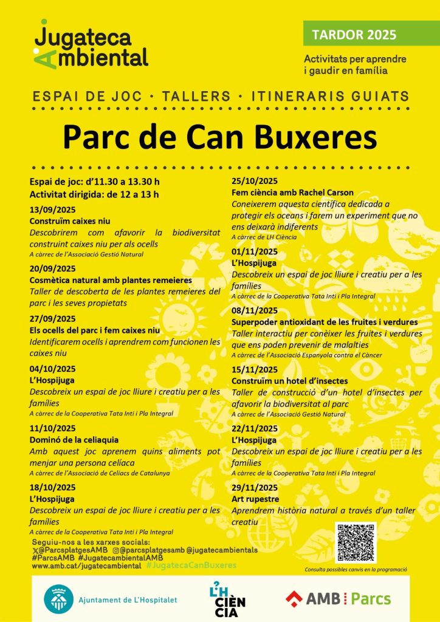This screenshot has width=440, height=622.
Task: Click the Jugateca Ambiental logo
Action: pos(91,46)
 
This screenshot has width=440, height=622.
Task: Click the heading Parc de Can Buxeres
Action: pos(220,137)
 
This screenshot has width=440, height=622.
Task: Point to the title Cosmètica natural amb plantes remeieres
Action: pos(111,280)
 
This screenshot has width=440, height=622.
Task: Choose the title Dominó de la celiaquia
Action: pos(74,439)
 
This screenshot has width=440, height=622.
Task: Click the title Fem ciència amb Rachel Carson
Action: pos(292,193)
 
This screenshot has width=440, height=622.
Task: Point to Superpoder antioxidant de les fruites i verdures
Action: pos(325,321)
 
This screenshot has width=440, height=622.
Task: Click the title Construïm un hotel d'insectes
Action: pos(290,381)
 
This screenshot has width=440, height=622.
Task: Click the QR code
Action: pos(356,542)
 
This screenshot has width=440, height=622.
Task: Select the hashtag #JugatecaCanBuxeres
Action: pos(191,565)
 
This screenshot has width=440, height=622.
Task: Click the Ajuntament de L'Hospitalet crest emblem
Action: pos(59,599)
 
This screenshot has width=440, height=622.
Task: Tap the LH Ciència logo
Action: pos(227,599)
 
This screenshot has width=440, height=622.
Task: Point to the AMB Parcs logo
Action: pos(338,598)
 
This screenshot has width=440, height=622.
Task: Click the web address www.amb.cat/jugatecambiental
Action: pos(86,566)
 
